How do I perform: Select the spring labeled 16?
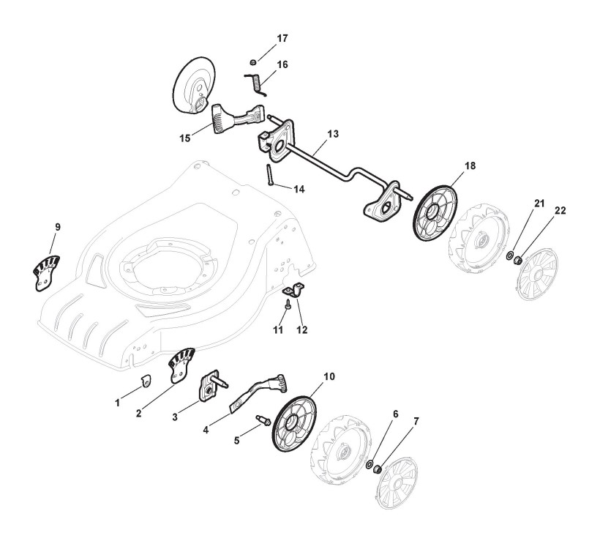click(x=254, y=80)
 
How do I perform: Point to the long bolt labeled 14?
click(x=270, y=176)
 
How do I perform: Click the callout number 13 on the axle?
click(x=332, y=135)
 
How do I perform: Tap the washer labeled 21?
click(x=509, y=256)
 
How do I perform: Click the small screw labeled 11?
click(x=289, y=305)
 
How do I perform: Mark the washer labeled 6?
click(x=370, y=464)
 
